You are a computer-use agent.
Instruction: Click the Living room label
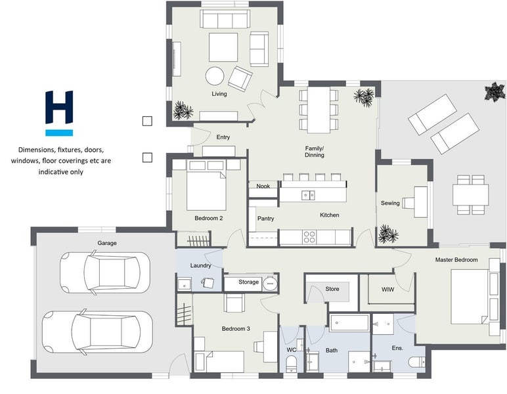click(x=219, y=94)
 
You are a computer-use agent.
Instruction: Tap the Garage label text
click(x=107, y=243)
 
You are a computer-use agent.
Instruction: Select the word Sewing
click(x=390, y=203)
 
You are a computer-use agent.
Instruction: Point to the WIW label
click(x=387, y=290)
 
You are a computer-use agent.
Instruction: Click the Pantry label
click(x=266, y=219)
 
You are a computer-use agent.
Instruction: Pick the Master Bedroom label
click(x=456, y=259)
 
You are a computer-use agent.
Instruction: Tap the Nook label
click(x=263, y=186)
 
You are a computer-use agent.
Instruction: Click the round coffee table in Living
click(x=215, y=76)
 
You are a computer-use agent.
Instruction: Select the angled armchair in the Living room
click(x=240, y=79)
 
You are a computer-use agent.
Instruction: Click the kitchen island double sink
click(x=308, y=195)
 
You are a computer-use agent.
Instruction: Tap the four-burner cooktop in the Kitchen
click(x=309, y=237)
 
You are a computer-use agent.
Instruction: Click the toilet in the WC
click(x=292, y=364)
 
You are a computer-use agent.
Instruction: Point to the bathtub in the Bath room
click(x=349, y=322)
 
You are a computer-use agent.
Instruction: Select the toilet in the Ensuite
click(x=417, y=362)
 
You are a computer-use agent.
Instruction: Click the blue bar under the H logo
click(x=59, y=133)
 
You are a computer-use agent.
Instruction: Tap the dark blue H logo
click(x=59, y=107)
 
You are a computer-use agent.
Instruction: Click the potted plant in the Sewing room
click(x=388, y=234)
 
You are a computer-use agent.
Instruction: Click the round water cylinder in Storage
click(x=270, y=284)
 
